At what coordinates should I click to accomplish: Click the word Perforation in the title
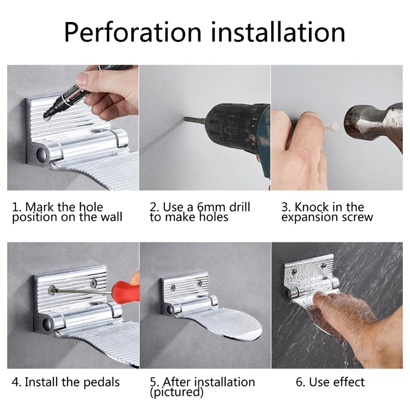132,32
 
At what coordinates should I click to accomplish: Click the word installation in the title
277,32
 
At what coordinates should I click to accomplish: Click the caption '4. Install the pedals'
66,382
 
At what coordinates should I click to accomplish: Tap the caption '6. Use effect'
331,382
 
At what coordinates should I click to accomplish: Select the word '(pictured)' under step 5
176,393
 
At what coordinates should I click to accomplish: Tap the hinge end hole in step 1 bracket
40,154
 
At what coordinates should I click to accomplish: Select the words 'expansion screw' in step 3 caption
327,217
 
